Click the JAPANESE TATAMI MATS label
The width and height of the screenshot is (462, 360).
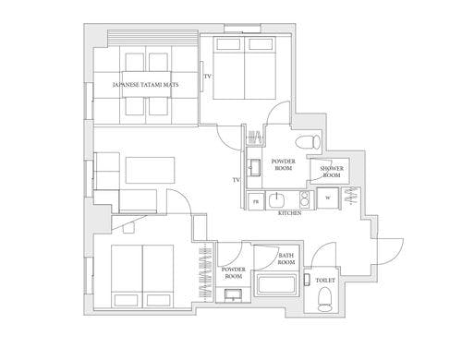tap(145, 85)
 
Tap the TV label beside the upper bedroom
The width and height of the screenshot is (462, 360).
tap(208, 77)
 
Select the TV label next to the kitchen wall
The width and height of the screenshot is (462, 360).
tap(237, 180)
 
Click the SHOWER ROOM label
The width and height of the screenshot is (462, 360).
tap(332, 172)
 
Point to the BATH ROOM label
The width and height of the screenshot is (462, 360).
tap(286, 258)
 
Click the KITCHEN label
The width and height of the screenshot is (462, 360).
tap(290, 213)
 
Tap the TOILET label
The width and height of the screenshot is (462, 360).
tap(325, 281)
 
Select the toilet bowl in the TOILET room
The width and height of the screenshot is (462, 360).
tap(325, 299)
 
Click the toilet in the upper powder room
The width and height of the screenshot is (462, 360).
tap(308, 142)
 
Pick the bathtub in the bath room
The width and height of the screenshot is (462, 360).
tap(276, 285)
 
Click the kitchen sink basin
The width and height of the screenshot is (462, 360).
tap(277, 200)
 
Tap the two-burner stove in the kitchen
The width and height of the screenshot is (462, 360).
tap(304, 199)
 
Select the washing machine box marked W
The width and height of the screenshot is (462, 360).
tap(328, 198)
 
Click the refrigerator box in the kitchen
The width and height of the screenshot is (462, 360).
tap(256, 201)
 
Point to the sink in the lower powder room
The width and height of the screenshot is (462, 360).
tap(233, 294)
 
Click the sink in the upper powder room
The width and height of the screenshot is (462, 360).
tap(255, 168)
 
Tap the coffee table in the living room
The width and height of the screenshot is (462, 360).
tap(151, 170)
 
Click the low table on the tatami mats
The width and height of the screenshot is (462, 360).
tap(146, 84)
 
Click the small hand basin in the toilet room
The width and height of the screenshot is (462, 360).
tap(307, 279)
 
